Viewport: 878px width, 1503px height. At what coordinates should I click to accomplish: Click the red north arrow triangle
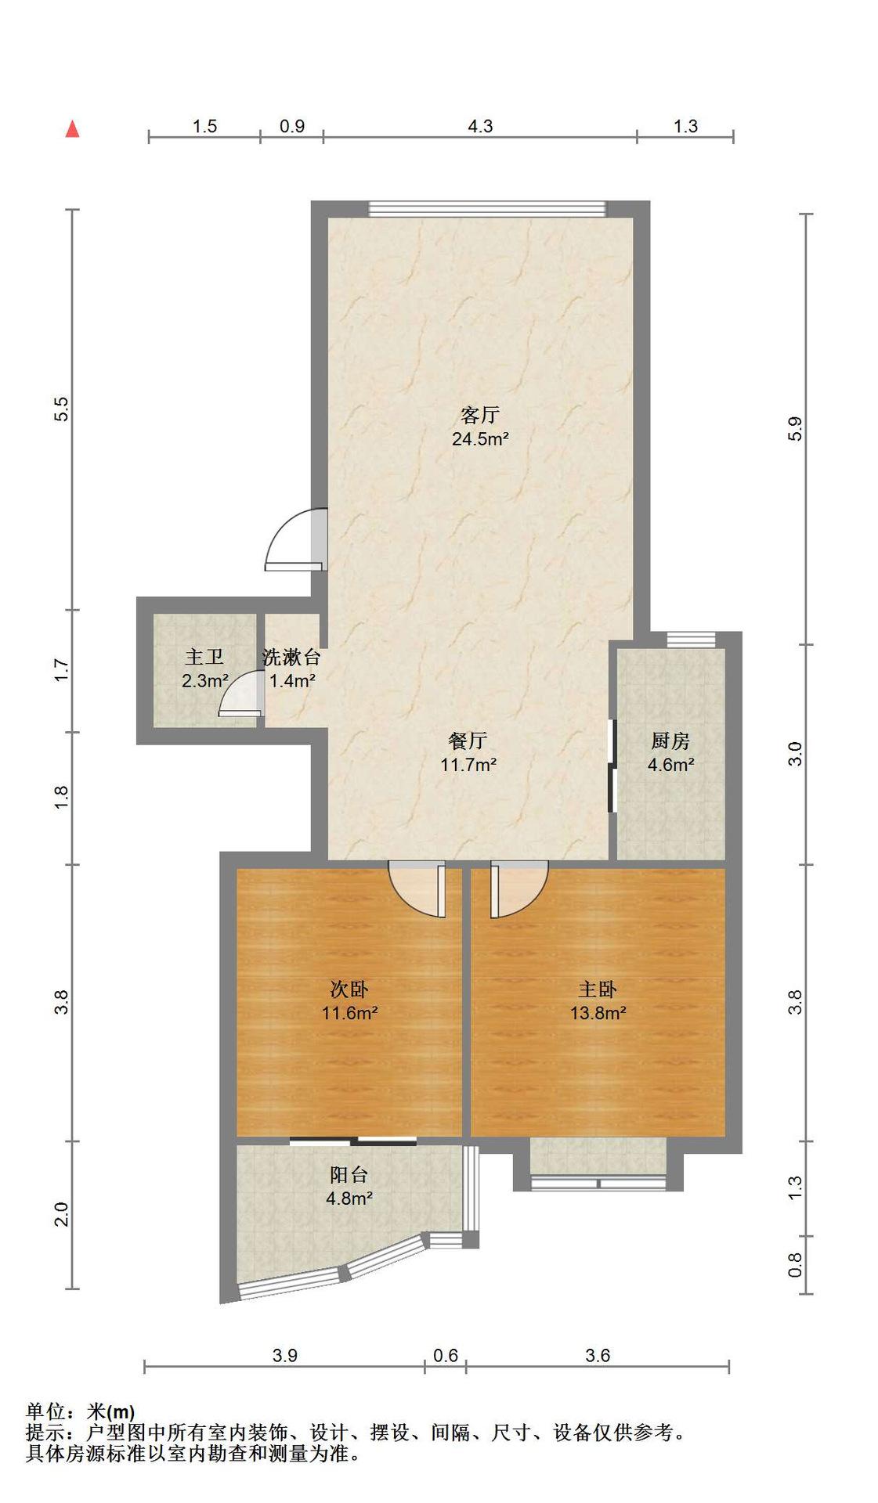click(x=72, y=128)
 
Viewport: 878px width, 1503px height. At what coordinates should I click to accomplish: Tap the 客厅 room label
click(x=479, y=414)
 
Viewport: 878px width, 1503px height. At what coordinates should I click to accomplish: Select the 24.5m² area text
click(x=480, y=438)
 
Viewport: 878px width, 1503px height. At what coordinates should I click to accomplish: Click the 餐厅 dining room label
click(x=468, y=740)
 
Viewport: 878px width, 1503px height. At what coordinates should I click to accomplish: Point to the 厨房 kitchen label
click(x=670, y=740)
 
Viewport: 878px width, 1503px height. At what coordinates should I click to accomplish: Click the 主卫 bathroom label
click(x=204, y=657)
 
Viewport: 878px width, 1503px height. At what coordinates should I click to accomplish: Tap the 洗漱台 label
click(x=291, y=657)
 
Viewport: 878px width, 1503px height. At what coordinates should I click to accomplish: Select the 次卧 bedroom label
click(x=349, y=989)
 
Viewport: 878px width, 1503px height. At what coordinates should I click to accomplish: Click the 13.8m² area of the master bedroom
click(x=598, y=1013)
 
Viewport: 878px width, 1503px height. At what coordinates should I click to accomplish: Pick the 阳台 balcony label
click(x=349, y=1174)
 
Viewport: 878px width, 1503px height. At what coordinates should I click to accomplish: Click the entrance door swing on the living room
click(x=295, y=540)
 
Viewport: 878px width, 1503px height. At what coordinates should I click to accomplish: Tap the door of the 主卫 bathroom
click(x=241, y=693)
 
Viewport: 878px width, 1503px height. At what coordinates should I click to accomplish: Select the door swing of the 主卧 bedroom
click(x=519, y=889)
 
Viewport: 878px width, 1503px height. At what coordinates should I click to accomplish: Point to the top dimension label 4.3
click(x=480, y=126)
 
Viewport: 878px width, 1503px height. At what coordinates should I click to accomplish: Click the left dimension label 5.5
click(x=61, y=409)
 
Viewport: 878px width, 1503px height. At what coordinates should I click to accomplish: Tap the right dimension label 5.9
click(x=795, y=428)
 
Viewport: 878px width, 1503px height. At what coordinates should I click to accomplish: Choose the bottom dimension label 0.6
click(x=446, y=1355)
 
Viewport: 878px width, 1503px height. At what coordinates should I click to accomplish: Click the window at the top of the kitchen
click(x=691, y=640)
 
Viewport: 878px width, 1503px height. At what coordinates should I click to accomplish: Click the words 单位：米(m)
click(x=81, y=1412)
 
